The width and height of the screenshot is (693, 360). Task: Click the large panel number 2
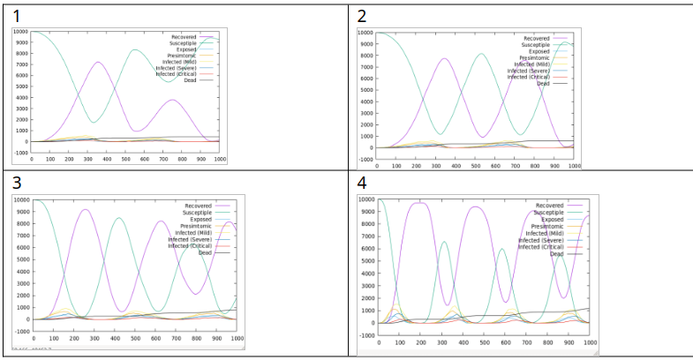[362, 16]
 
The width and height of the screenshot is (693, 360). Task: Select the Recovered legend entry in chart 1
[182, 37]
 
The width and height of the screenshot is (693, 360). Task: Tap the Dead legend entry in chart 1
[189, 80]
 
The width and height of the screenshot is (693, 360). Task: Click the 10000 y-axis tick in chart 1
[20, 32]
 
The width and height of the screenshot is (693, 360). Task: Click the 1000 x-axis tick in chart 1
[219, 160]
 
